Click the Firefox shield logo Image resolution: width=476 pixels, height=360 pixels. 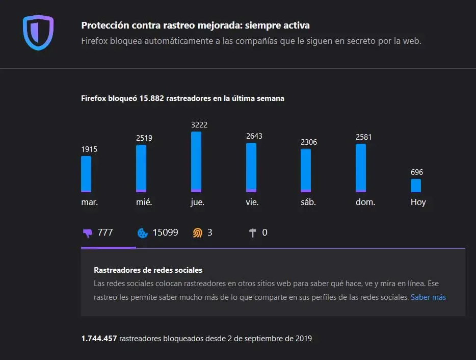click(38, 33)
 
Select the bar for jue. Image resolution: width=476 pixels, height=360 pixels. click(196, 162)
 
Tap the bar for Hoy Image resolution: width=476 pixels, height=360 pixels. click(416, 186)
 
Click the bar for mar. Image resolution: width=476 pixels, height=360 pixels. click(86, 174)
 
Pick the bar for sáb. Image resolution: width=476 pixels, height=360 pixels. click(306, 170)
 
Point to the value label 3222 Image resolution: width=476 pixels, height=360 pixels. click(199, 125)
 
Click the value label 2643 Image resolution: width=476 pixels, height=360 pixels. click(254, 136)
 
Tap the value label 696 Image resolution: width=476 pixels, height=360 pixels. click(417, 172)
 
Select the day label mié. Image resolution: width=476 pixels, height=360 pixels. click(144, 202)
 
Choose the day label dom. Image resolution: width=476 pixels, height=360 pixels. click(365, 202)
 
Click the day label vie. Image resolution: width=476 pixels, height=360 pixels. click(252, 202)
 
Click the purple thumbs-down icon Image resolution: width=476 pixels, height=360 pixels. click(88, 233)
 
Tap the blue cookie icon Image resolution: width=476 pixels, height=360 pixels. click(143, 233)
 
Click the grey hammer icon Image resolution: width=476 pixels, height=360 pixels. click(253, 233)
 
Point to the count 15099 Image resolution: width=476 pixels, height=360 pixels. click(165, 233)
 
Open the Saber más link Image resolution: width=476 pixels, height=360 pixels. click(428, 297)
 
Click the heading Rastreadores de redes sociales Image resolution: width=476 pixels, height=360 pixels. click(148, 270)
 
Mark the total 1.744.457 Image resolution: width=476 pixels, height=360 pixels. click(99, 338)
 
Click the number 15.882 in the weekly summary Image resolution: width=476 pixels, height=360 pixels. click(151, 98)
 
